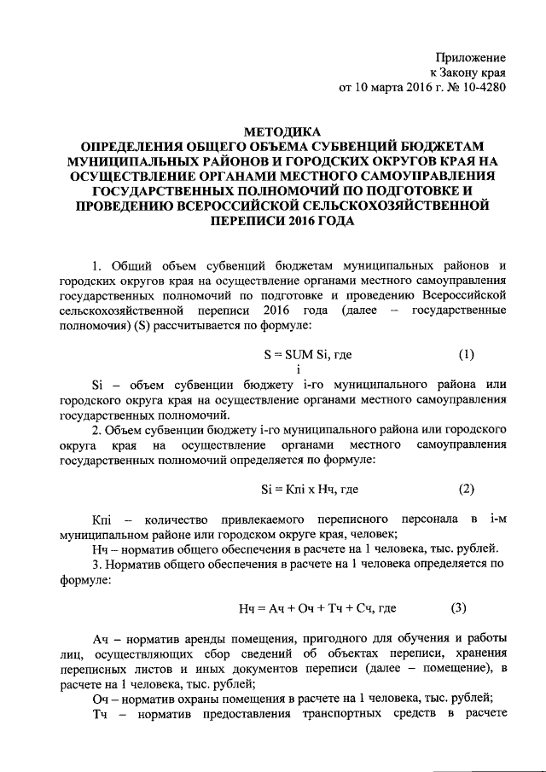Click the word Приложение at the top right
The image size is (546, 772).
[471, 56]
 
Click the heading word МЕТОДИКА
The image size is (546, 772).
[281, 132]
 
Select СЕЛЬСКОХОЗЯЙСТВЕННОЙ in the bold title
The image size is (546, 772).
[402, 205]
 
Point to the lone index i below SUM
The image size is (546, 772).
[298, 368]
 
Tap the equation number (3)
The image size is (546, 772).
[459, 608]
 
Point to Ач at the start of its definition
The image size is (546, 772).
[101, 638]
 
